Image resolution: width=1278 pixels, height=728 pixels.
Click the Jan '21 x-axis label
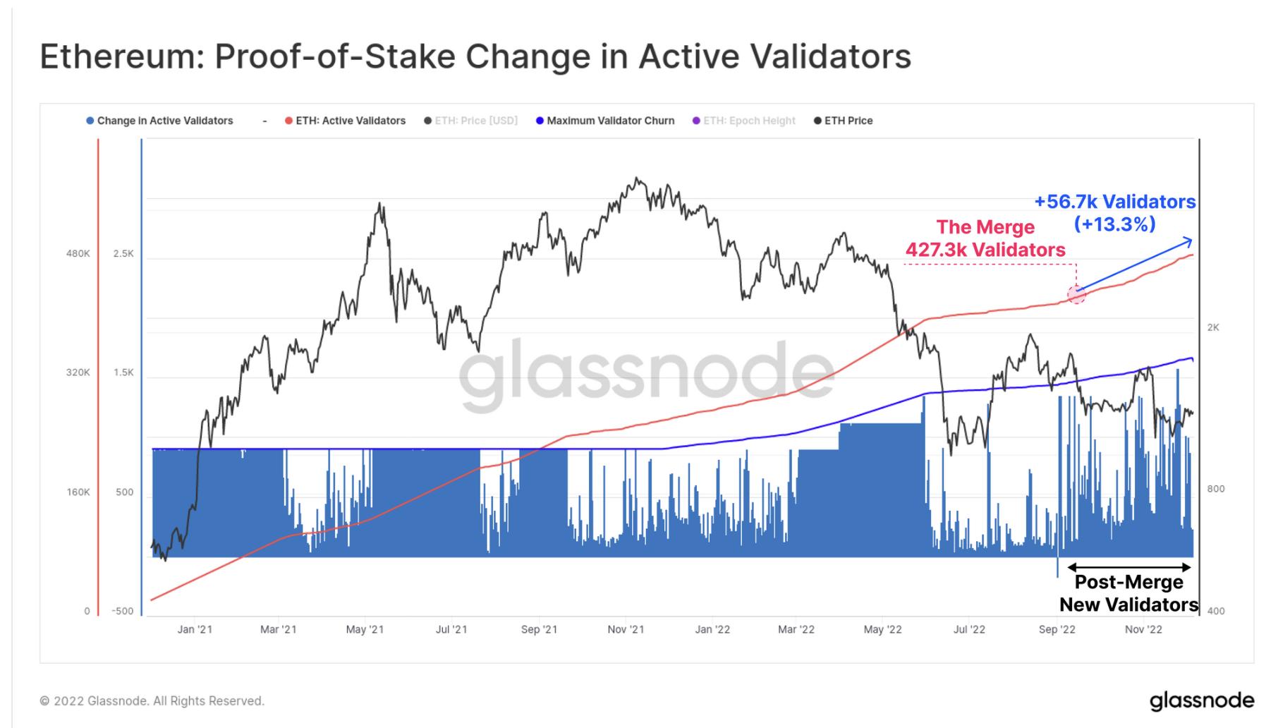coord(195,629)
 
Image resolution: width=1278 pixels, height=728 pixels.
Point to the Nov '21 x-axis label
coord(626,629)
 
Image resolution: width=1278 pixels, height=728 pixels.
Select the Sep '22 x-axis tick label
coord(1057,629)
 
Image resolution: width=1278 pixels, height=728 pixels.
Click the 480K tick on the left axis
coord(78,253)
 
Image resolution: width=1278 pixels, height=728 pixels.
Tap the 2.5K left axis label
coord(123,253)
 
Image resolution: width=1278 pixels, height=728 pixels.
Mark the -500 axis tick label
coord(122,611)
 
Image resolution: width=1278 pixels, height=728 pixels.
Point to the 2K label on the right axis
coord(1213,327)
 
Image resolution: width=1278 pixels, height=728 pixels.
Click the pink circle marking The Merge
coord(1076,295)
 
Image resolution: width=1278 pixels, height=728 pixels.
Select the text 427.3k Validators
coord(985,250)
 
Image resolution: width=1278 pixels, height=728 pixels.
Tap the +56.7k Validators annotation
coord(1114,202)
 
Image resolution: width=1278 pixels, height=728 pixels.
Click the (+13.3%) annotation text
coord(1114,224)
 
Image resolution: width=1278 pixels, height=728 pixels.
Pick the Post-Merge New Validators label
coord(1128,593)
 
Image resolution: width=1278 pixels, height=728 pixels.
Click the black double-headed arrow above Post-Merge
coord(1129,567)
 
